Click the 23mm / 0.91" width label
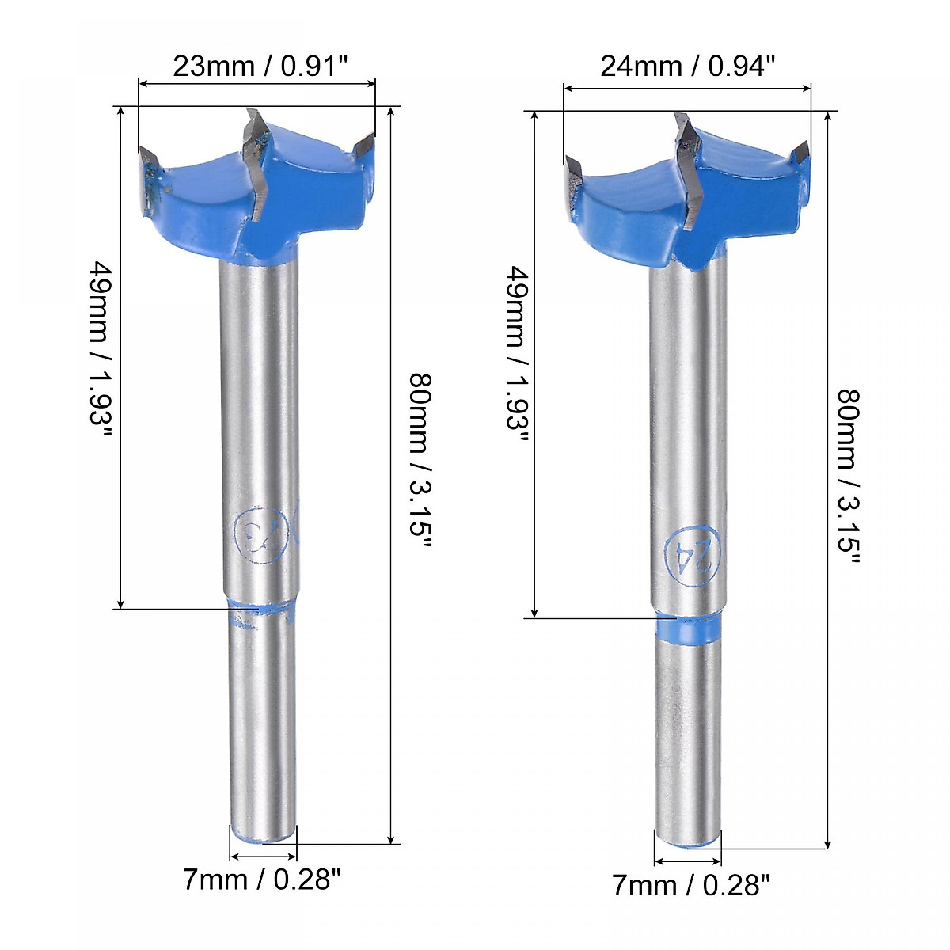pos(260,66)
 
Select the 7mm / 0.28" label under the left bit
pos(262,879)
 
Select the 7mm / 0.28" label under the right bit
pos(690,885)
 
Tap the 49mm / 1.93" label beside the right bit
pos(517,359)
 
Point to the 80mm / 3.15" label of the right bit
pos(848,475)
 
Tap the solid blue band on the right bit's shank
pos(689,629)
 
